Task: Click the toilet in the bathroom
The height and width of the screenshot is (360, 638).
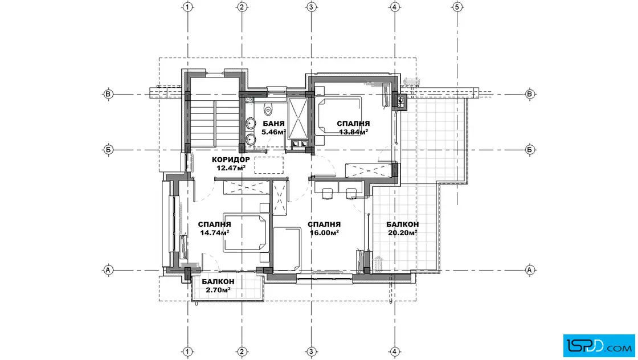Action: [x=267, y=108]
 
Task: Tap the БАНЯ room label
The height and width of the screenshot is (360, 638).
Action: [x=273, y=123]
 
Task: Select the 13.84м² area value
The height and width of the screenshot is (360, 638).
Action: [x=354, y=132]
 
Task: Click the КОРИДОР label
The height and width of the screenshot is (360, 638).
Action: [x=231, y=159]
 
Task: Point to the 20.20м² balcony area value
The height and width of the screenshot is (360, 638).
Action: [x=402, y=232]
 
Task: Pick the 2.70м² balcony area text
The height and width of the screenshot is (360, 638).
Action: [x=218, y=289]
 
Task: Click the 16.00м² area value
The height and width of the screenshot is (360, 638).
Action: [x=324, y=232]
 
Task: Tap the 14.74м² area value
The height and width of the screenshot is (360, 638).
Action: [x=214, y=232]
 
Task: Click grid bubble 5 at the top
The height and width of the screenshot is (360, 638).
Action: [x=457, y=7]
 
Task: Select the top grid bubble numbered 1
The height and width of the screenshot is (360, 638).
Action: [x=187, y=7]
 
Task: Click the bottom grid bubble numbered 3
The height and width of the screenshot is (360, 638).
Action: [x=311, y=351]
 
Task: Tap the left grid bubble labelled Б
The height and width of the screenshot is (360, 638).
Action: [x=108, y=150]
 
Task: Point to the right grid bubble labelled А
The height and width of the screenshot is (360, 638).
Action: [x=530, y=269]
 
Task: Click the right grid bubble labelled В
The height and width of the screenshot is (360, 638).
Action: [x=530, y=94]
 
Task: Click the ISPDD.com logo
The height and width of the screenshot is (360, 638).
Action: [x=599, y=346]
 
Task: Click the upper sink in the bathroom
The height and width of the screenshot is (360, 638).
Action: [x=250, y=123]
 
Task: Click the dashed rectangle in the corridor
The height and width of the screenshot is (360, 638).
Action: [x=269, y=165]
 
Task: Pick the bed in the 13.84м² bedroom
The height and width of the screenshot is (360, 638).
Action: [x=340, y=116]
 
